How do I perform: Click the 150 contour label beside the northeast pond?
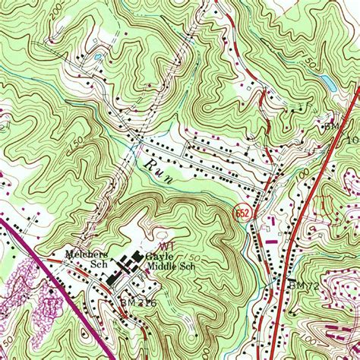(309, 61)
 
